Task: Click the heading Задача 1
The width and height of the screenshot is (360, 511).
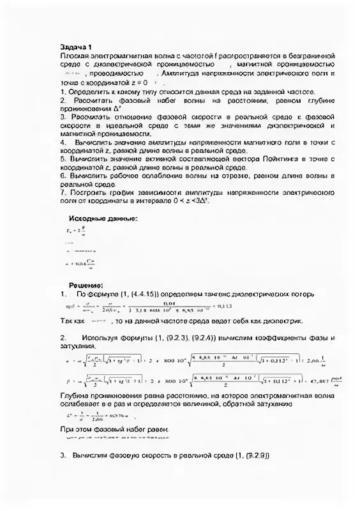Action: click(x=76, y=47)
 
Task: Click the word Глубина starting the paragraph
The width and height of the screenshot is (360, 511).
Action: click(x=75, y=396)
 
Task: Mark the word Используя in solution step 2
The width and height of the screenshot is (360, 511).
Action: click(x=102, y=337)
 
